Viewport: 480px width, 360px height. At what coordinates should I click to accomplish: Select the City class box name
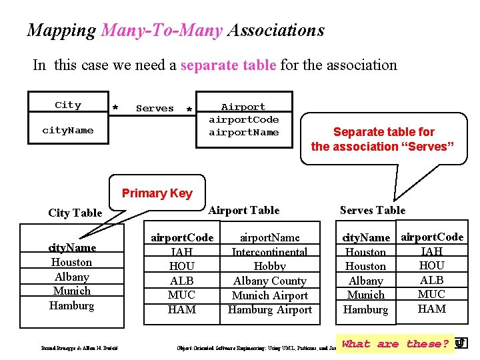click(x=68, y=105)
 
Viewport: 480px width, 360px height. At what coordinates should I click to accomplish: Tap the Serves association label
click(x=155, y=108)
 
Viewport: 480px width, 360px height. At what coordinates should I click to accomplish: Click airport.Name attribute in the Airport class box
click(x=243, y=132)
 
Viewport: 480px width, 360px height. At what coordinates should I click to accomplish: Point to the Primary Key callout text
click(x=157, y=193)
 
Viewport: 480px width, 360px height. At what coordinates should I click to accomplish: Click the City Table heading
click(x=75, y=213)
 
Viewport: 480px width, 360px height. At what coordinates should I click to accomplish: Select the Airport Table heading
click(x=244, y=210)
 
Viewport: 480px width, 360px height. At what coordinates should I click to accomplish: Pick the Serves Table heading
click(x=372, y=210)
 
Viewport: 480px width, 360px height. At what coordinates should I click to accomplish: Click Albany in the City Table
click(x=71, y=277)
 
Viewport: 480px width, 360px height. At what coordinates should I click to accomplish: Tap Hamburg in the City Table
click(x=71, y=305)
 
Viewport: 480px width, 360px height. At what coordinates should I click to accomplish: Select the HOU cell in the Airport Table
click(x=181, y=266)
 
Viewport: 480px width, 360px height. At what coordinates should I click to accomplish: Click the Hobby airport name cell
click(x=270, y=266)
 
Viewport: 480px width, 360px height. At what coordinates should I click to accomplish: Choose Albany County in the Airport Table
click(x=270, y=281)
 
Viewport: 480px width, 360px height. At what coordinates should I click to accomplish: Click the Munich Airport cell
click(x=270, y=295)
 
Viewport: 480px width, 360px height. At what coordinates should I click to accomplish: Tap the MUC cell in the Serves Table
click(x=431, y=294)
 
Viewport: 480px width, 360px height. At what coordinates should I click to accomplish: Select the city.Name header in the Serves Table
click(x=366, y=237)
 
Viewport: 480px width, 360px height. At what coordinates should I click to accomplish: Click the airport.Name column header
click(x=270, y=237)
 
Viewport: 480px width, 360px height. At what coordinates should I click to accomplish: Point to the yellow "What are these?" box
click(x=395, y=344)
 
